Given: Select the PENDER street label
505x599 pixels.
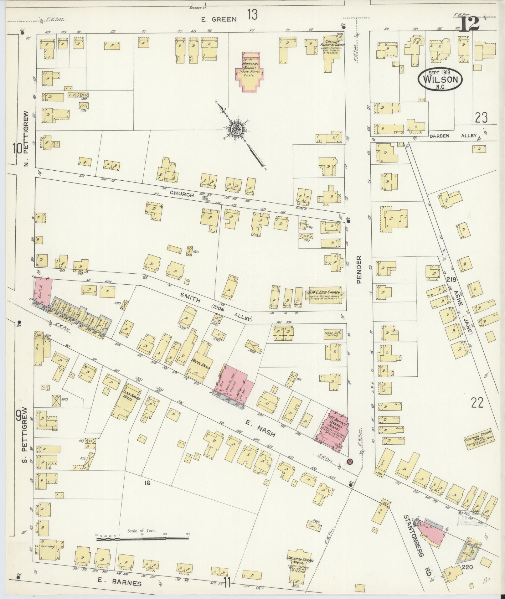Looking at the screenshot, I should click(x=359, y=270).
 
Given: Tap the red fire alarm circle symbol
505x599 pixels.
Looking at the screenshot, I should click(x=350, y=461).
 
